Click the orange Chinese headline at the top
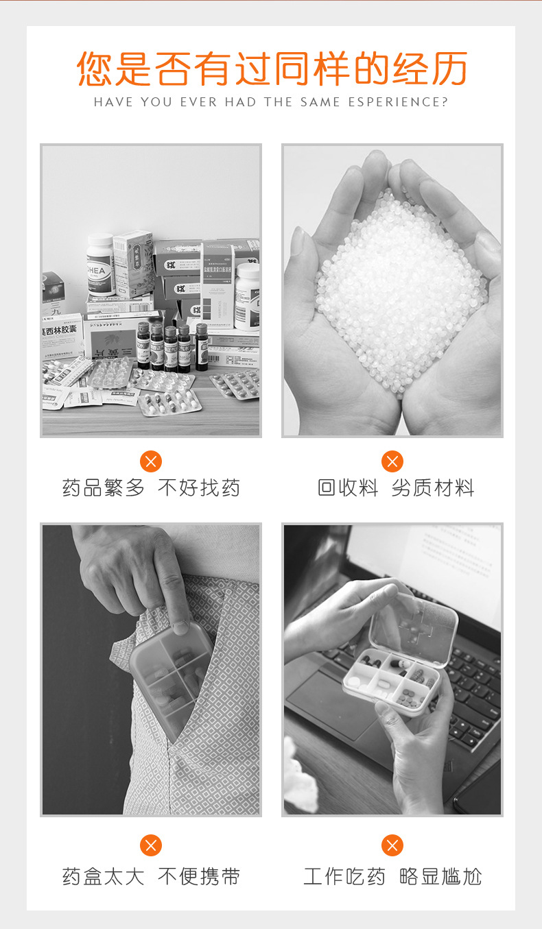[x=272, y=68]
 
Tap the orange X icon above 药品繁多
[x=151, y=461]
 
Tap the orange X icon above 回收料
[x=392, y=461]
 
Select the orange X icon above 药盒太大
[x=151, y=845]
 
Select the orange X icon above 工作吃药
[x=392, y=845]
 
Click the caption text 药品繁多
[x=104, y=488]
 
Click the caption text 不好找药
[x=199, y=488]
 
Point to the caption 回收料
[x=348, y=488]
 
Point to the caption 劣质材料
[x=433, y=488]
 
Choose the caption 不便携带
[x=199, y=876]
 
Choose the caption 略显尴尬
[x=440, y=876]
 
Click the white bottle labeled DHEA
[x=100, y=264]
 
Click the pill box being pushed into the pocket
[x=168, y=675]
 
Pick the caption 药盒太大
[x=104, y=876]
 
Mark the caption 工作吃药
[x=344, y=876]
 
